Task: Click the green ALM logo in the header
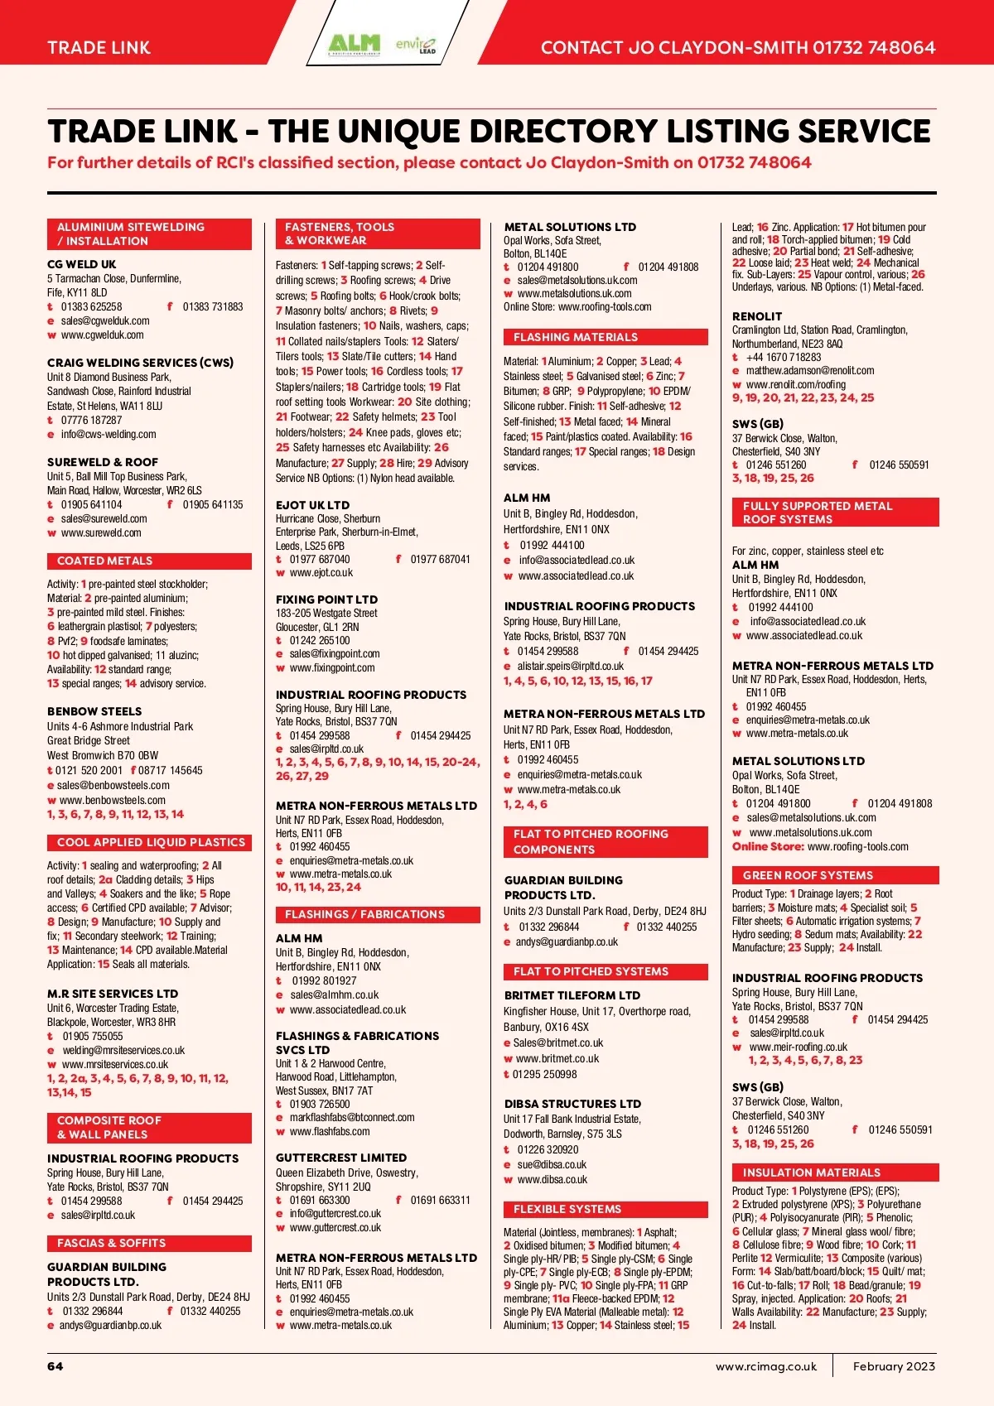point(354,43)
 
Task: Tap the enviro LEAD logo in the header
point(416,44)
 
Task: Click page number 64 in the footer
point(55,1366)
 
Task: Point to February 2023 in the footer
point(894,1366)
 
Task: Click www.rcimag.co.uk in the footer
point(765,1366)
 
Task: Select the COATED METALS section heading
point(105,561)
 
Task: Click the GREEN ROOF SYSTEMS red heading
point(808,875)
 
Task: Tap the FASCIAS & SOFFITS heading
point(111,1243)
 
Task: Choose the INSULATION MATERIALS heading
point(811,1172)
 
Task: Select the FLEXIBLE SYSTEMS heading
point(567,1209)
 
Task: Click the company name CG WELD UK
point(82,264)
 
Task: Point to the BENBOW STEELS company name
point(94,711)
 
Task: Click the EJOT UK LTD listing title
point(312,505)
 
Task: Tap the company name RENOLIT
point(757,316)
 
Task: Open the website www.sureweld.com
point(101,532)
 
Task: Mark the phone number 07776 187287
point(91,420)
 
